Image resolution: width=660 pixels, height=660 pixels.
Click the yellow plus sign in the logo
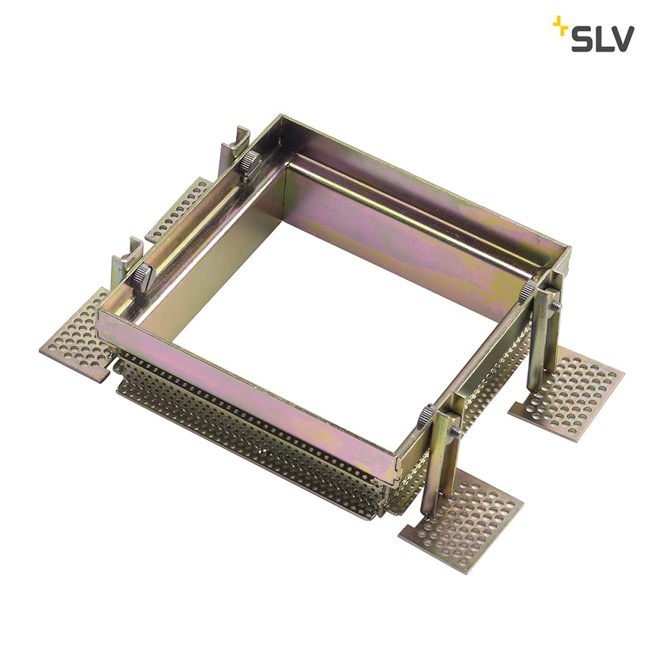[x=561, y=24]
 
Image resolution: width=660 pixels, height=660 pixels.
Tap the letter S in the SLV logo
[x=582, y=39]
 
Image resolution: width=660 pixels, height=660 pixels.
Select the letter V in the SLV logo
[x=621, y=39]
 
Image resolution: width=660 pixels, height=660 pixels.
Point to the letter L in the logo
[x=601, y=39]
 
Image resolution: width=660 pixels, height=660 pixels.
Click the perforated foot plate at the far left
[x=76, y=336]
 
